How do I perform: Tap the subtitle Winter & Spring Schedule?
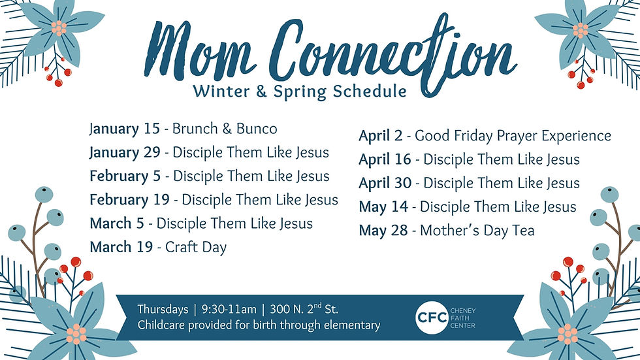coord(299,91)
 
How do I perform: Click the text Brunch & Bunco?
coord(225,129)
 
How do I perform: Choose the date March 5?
coord(117,223)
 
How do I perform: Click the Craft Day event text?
coord(196,248)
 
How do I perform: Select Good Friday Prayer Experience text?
coord(513,136)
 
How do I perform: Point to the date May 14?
coord(383,207)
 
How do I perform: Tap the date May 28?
coord(383,231)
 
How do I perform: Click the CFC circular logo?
coord(431,316)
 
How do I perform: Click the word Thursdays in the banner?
coord(163,309)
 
